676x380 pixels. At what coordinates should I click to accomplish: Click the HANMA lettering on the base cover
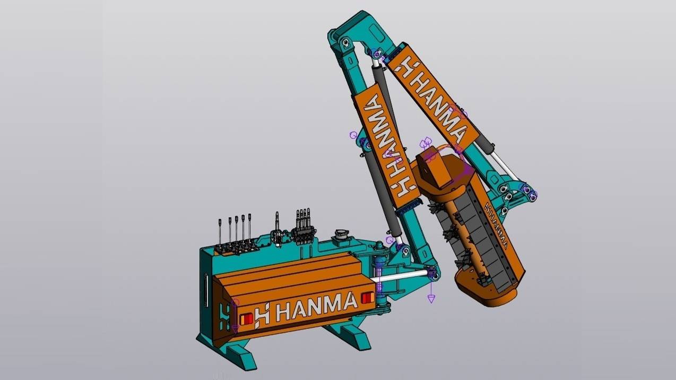pyautogui.click(x=316, y=306)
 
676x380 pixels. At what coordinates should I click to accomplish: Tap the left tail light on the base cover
pyautogui.click(x=247, y=319)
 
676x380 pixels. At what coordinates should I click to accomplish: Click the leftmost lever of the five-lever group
pyautogui.click(x=220, y=234)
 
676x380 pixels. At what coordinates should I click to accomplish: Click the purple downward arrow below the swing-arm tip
pyautogui.click(x=431, y=299)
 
